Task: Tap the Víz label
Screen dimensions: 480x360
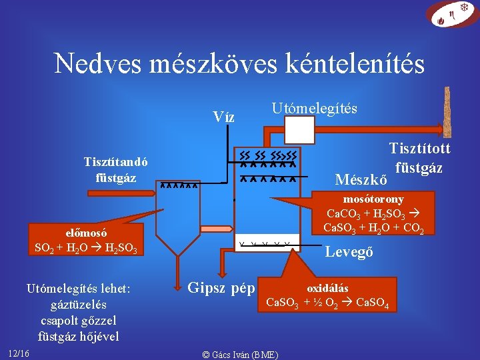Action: [x=223, y=117]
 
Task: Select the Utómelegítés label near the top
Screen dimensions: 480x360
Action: [x=314, y=108]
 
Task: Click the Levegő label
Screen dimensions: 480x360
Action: [x=349, y=252]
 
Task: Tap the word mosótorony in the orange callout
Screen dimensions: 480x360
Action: [x=373, y=199]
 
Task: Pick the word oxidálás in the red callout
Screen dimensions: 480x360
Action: [x=327, y=289]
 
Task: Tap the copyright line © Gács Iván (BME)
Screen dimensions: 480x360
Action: [x=240, y=354]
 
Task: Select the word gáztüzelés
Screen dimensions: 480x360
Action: [x=78, y=305]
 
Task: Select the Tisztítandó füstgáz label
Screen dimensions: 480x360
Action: [x=116, y=169]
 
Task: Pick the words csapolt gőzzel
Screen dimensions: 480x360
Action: [x=79, y=321]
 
